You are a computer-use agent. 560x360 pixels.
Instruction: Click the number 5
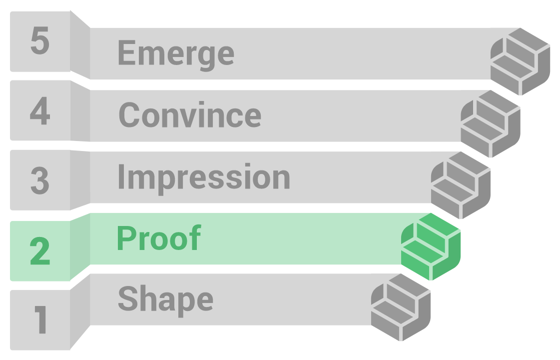click(x=39, y=41)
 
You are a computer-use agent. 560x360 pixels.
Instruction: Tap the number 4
click(x=39, y=110)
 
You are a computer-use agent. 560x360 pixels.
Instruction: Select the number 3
click(x=39, y=180)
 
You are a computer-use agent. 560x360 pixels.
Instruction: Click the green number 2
click(x=39, y=250)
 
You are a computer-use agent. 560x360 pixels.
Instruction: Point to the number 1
click(x=41, y=319)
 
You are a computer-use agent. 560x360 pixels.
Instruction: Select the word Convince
click(x=190, y=114)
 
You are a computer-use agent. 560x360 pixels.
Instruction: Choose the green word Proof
click(x=159, y=237)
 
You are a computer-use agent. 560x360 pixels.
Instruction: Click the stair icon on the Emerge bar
click(x=520, y=61)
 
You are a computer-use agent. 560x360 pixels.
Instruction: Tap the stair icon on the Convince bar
click(x=491, y=123)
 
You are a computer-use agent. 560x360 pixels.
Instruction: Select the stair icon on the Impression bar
click(x=461, y=185)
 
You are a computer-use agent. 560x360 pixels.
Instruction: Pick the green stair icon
click(x=431, y=246)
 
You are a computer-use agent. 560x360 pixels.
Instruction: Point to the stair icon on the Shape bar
click(x=401, y=307)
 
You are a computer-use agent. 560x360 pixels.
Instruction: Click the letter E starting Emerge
click(x=127, y=52)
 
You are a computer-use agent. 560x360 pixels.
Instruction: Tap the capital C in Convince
click(x=129, y=114)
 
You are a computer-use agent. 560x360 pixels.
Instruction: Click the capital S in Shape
click(x=128, y=298)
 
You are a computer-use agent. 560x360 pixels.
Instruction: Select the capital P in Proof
click(x=127, y=237)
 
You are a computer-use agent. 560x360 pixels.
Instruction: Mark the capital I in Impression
click(x=121, y=176)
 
